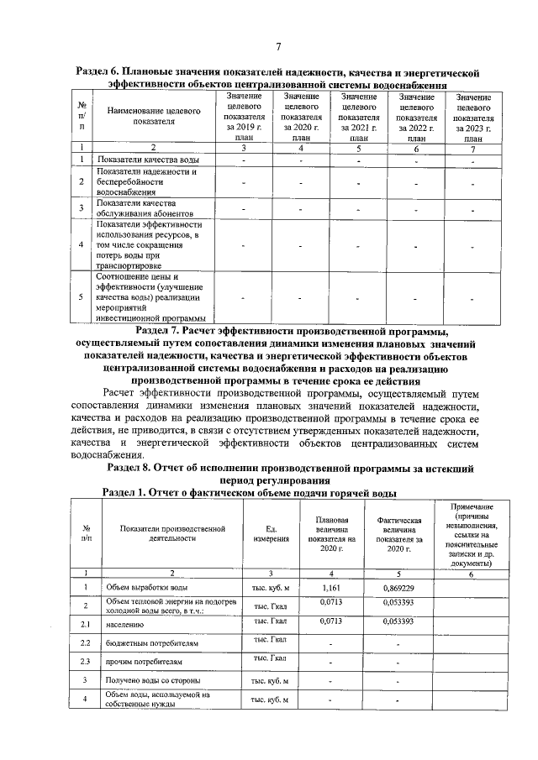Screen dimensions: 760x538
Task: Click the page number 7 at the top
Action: pos(277,45)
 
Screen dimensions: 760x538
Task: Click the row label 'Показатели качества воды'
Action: pos(148,160)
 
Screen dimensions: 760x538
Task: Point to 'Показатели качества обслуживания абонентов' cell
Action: pos(136,209)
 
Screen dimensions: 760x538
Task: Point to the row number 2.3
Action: pos(85,660)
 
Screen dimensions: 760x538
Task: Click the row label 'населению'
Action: pos(124,624)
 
